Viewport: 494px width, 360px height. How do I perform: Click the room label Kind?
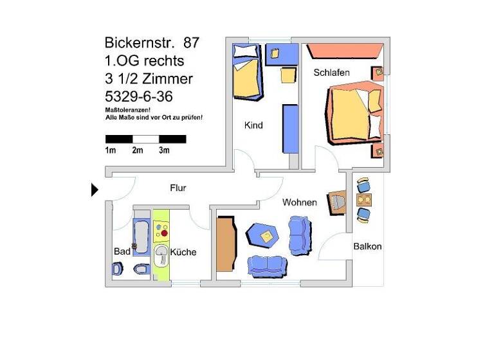253,125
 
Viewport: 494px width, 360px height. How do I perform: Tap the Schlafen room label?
331,73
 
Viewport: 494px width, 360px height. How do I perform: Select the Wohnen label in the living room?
299,203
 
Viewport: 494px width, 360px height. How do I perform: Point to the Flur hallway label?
178,188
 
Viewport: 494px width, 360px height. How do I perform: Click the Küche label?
183,252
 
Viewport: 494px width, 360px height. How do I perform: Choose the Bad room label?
122,251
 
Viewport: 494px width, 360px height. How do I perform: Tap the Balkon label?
367,246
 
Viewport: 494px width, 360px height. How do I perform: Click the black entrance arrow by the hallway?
95,190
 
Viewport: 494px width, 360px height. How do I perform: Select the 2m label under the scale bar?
137,150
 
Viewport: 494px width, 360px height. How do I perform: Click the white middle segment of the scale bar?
145,139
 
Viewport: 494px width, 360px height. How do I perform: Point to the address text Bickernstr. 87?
152,43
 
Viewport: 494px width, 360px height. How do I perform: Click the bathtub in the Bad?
140,237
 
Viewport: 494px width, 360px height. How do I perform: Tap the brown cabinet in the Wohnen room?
225,244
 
